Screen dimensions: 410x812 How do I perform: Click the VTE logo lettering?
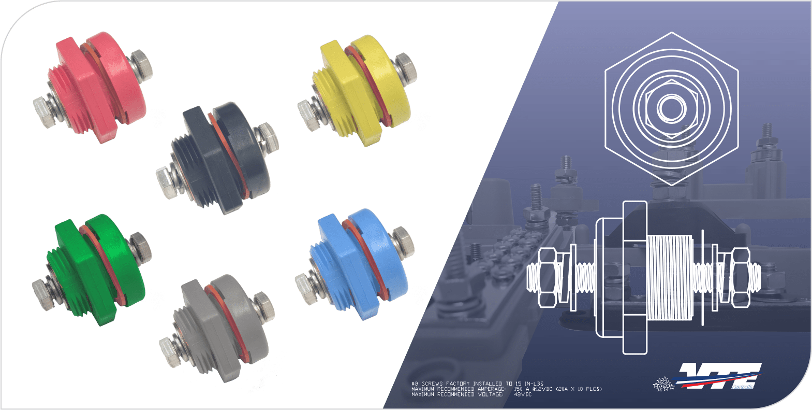719,376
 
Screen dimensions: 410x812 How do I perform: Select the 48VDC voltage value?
523,394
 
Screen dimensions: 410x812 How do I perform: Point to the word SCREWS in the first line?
433,384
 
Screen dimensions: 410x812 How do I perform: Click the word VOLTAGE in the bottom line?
490,394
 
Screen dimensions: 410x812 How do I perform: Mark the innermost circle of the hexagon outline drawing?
671,108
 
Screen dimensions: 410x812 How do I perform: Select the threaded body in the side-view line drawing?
670,277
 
